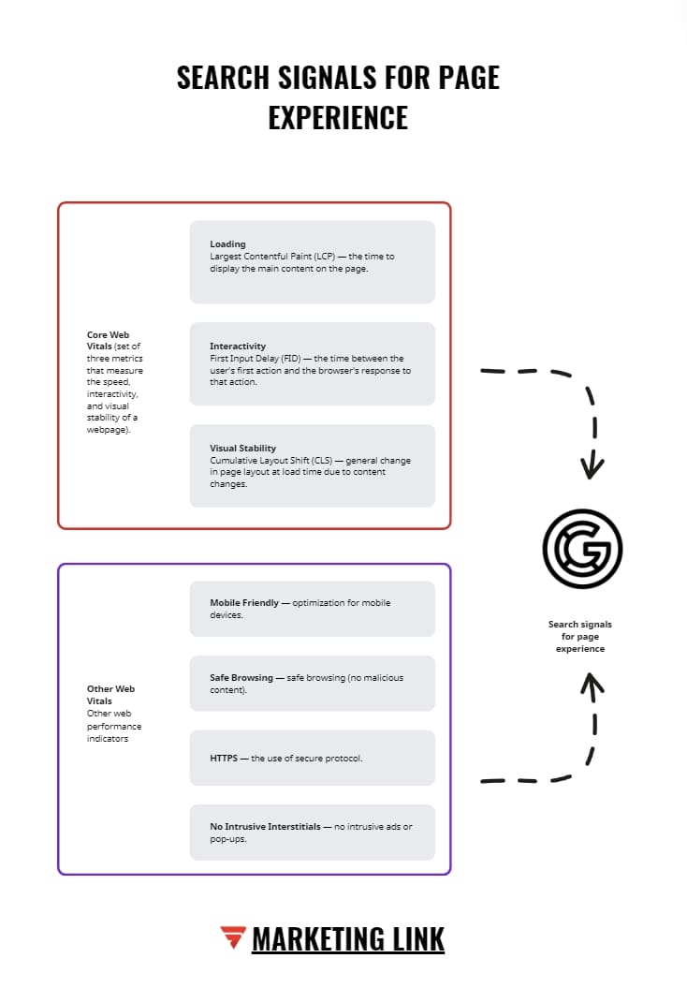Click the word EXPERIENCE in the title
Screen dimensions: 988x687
pos(338,117)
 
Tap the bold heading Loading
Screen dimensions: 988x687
pos(227,244)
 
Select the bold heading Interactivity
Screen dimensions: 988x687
pos(238,347)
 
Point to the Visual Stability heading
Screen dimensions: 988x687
pos(243,449)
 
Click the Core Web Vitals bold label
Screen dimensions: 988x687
pos(108,340)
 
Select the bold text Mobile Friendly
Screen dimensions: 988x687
pos(244,603)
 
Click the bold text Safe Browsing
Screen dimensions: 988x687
pos(241,677)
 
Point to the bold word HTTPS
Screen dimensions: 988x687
pos(224,758)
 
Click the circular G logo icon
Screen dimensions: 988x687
pos(582,549)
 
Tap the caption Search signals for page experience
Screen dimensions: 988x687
pos(580,636)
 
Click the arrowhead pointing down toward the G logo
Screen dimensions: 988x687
pos(592,466)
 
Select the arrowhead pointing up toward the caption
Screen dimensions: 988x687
pos(592,683)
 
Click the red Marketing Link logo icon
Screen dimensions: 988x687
pos(233,936)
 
